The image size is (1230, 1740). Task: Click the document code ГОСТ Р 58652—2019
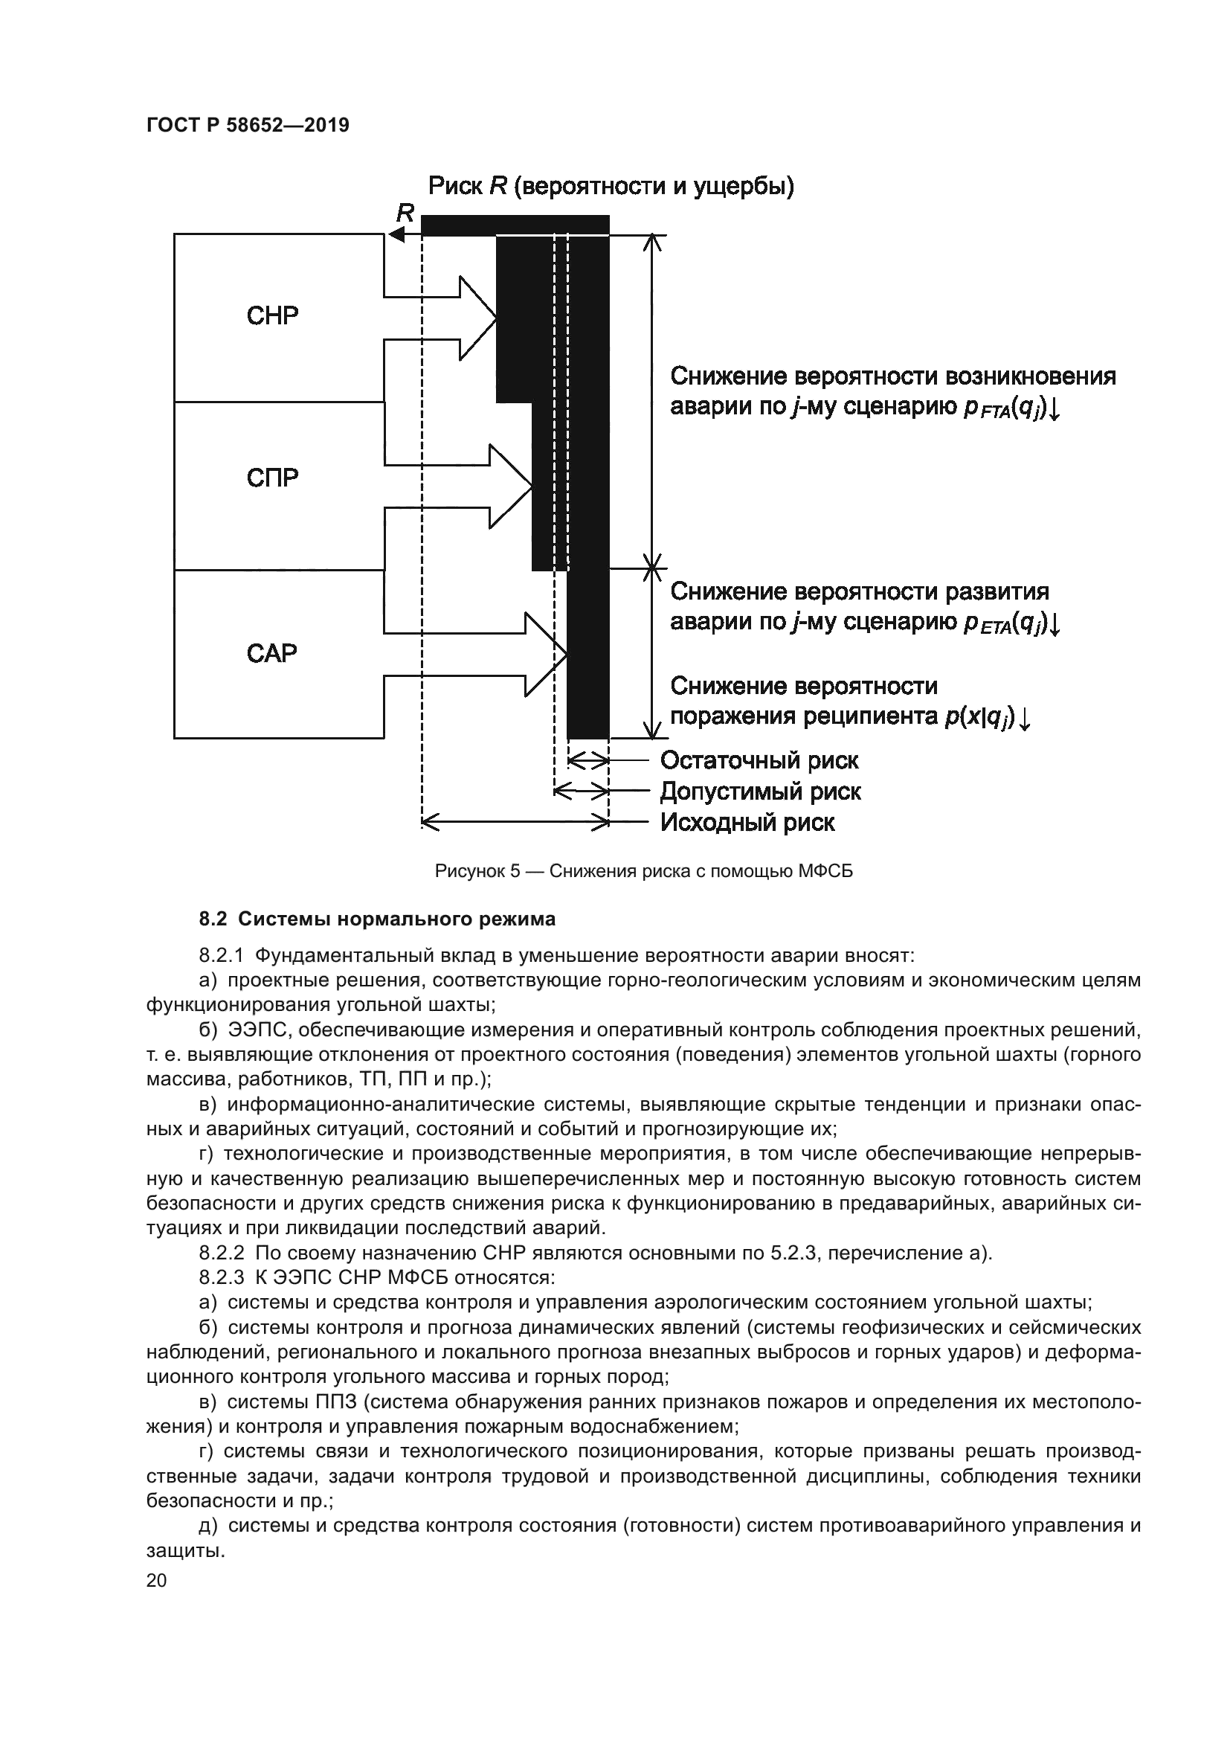[x=248, y=125]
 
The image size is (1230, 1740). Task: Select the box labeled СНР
[x=273, y=316]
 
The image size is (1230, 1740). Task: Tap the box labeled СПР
[x=273, y=478]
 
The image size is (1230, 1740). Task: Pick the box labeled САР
[x=273, y=652]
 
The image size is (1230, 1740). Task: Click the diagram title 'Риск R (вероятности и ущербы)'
[x=611, y=186]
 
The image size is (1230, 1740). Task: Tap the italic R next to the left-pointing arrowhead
[x=405, y=214]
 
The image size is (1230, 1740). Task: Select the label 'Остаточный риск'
[x=759, y=760]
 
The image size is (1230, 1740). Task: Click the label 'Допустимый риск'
[x=761, y=792]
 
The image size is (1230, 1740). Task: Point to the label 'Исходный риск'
[x=747, y=822]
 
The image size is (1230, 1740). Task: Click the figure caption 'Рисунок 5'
[x=477, y=872]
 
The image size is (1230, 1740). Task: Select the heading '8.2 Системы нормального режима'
[x=377, y=919]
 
